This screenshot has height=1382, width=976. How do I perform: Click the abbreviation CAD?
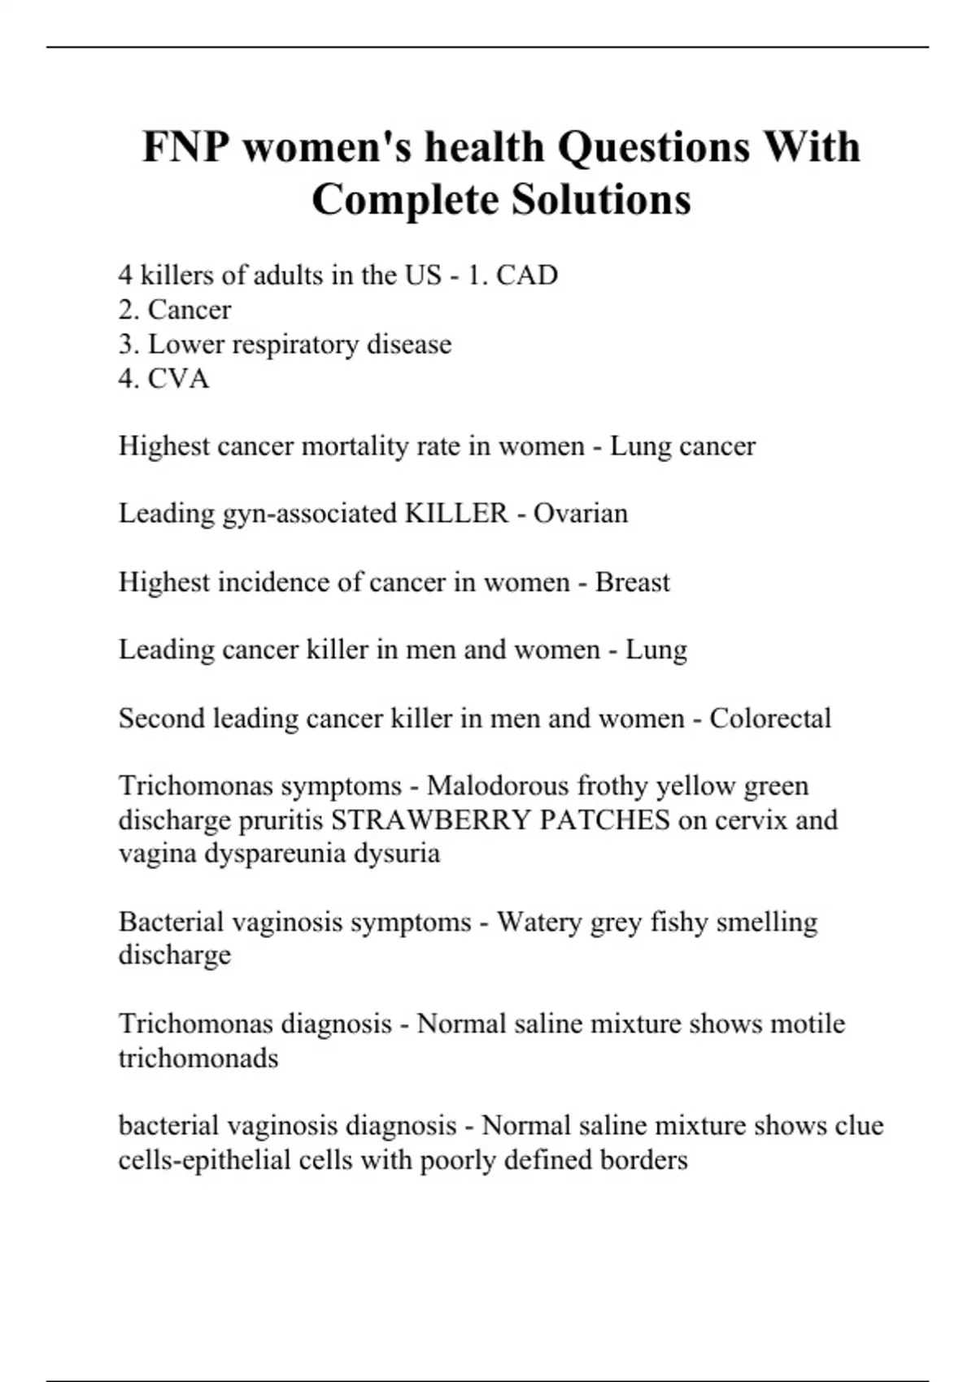[x=527, y=276]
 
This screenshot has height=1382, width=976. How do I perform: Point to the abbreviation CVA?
[x=178, y=379]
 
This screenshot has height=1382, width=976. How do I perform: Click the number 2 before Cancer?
[x=127, y=310]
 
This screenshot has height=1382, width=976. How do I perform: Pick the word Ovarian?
[x=581, y=514]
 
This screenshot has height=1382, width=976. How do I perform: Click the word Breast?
[x=632, y=582]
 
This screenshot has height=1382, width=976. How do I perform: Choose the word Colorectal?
[x=770, y=719]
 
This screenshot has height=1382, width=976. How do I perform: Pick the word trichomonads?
[x=198, y=1058]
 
